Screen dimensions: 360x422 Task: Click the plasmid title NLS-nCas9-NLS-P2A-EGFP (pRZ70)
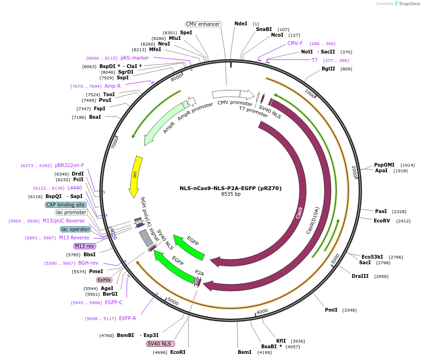pos(231,188)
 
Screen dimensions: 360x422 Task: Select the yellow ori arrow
pos(135,176)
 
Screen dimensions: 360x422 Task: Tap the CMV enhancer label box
pos(203,24)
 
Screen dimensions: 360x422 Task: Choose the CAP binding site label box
pos(66,205)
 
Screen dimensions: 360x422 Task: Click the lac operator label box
pos(75,229)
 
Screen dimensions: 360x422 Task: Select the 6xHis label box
pos(104,280)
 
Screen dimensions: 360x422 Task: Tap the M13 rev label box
pos(85,246)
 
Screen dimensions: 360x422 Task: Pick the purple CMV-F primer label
pos(295,43)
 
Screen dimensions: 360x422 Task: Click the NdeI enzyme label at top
pos(241,23)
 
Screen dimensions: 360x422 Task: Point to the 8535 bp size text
pos(231,194)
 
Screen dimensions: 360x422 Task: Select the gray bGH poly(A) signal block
pos(146,238)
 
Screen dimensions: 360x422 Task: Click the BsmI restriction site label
pos(244,352)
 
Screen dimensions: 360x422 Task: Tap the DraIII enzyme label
pos(360,276)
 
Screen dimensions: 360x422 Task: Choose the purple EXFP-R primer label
pos(128,318)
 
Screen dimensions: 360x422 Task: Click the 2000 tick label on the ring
pos(354,171)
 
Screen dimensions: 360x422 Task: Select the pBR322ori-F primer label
pos(69,165)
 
